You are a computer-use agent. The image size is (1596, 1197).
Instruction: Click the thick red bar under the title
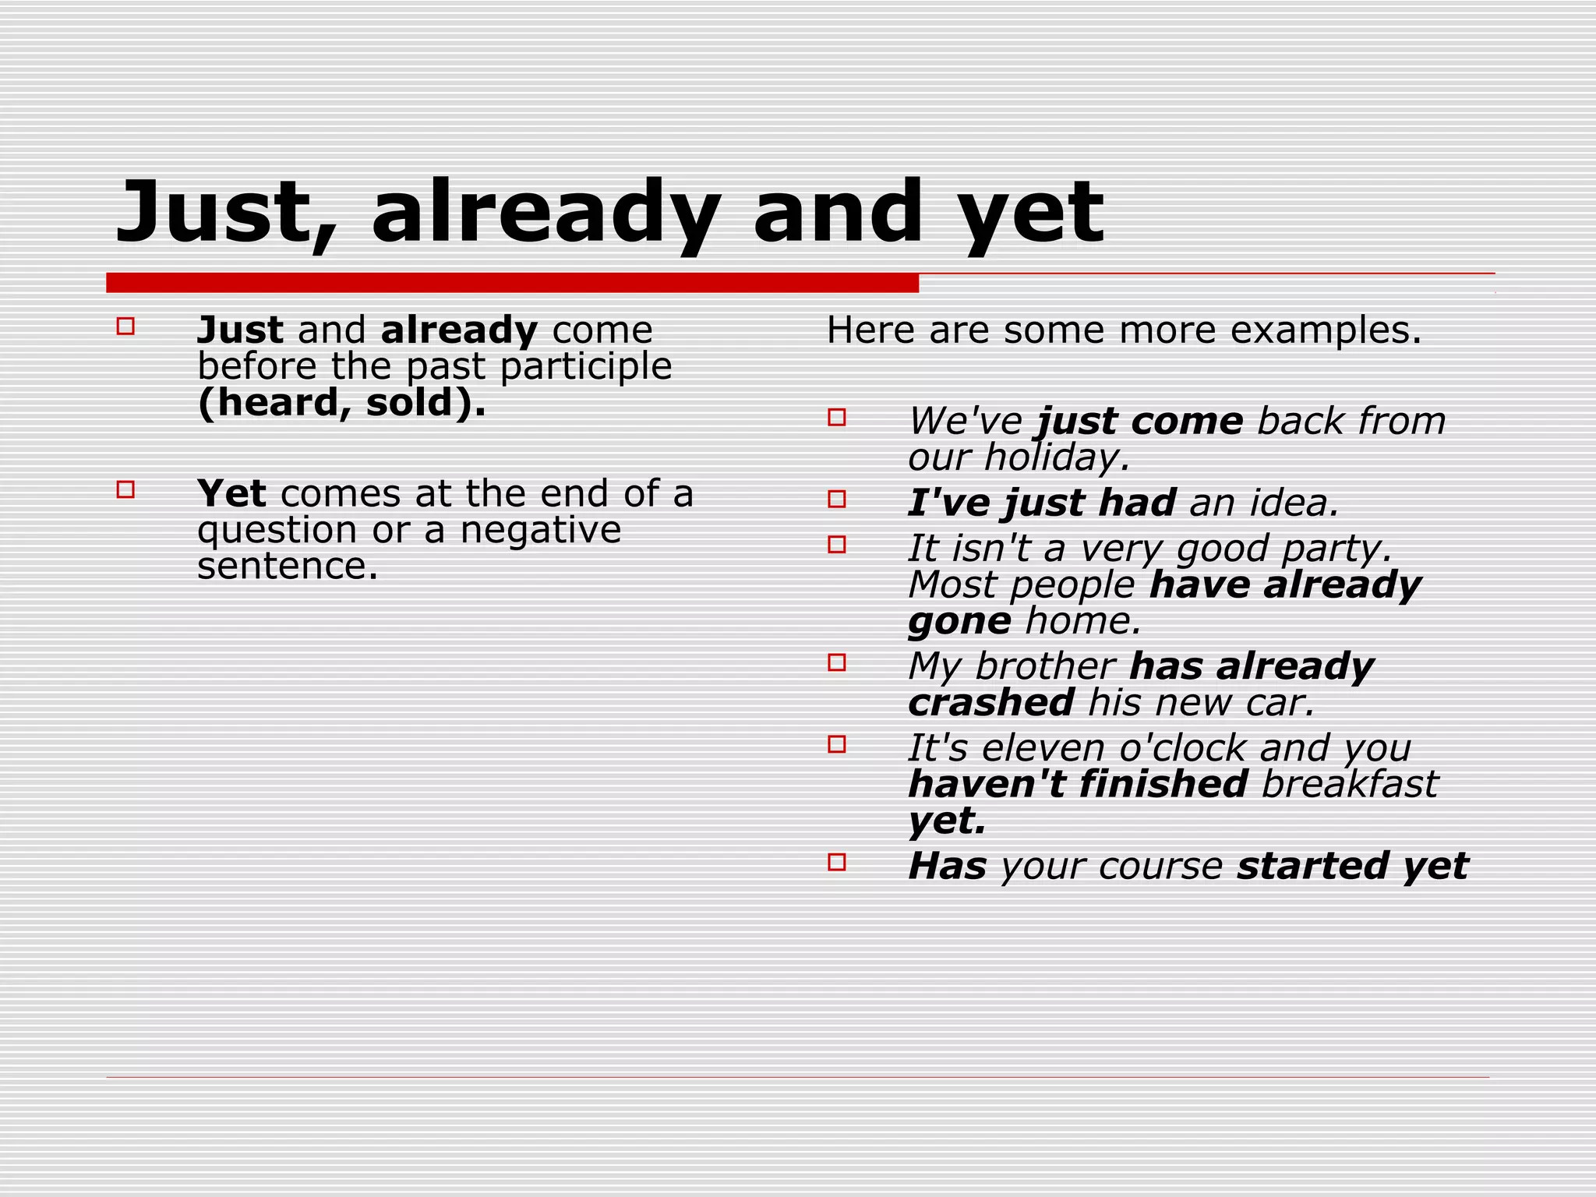[512, 283]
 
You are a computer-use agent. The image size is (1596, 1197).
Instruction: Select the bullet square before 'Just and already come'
[125, 327]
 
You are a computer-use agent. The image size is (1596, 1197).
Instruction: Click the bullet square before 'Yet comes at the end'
[125, 489]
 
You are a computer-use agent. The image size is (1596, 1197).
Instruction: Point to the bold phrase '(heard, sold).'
[341, 403]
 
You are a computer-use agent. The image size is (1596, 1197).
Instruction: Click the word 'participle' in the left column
[585, 367]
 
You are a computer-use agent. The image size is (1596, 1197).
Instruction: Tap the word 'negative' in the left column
[540, 530]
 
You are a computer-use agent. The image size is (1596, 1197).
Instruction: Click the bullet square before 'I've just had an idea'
[837, 499]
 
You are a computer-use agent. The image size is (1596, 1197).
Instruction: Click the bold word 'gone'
[959, 622]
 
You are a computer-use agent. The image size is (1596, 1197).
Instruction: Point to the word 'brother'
[1044, 667]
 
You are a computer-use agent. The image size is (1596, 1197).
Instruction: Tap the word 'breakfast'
[1349, 785]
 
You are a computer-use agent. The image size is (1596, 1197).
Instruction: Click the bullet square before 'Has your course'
[837, 862]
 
